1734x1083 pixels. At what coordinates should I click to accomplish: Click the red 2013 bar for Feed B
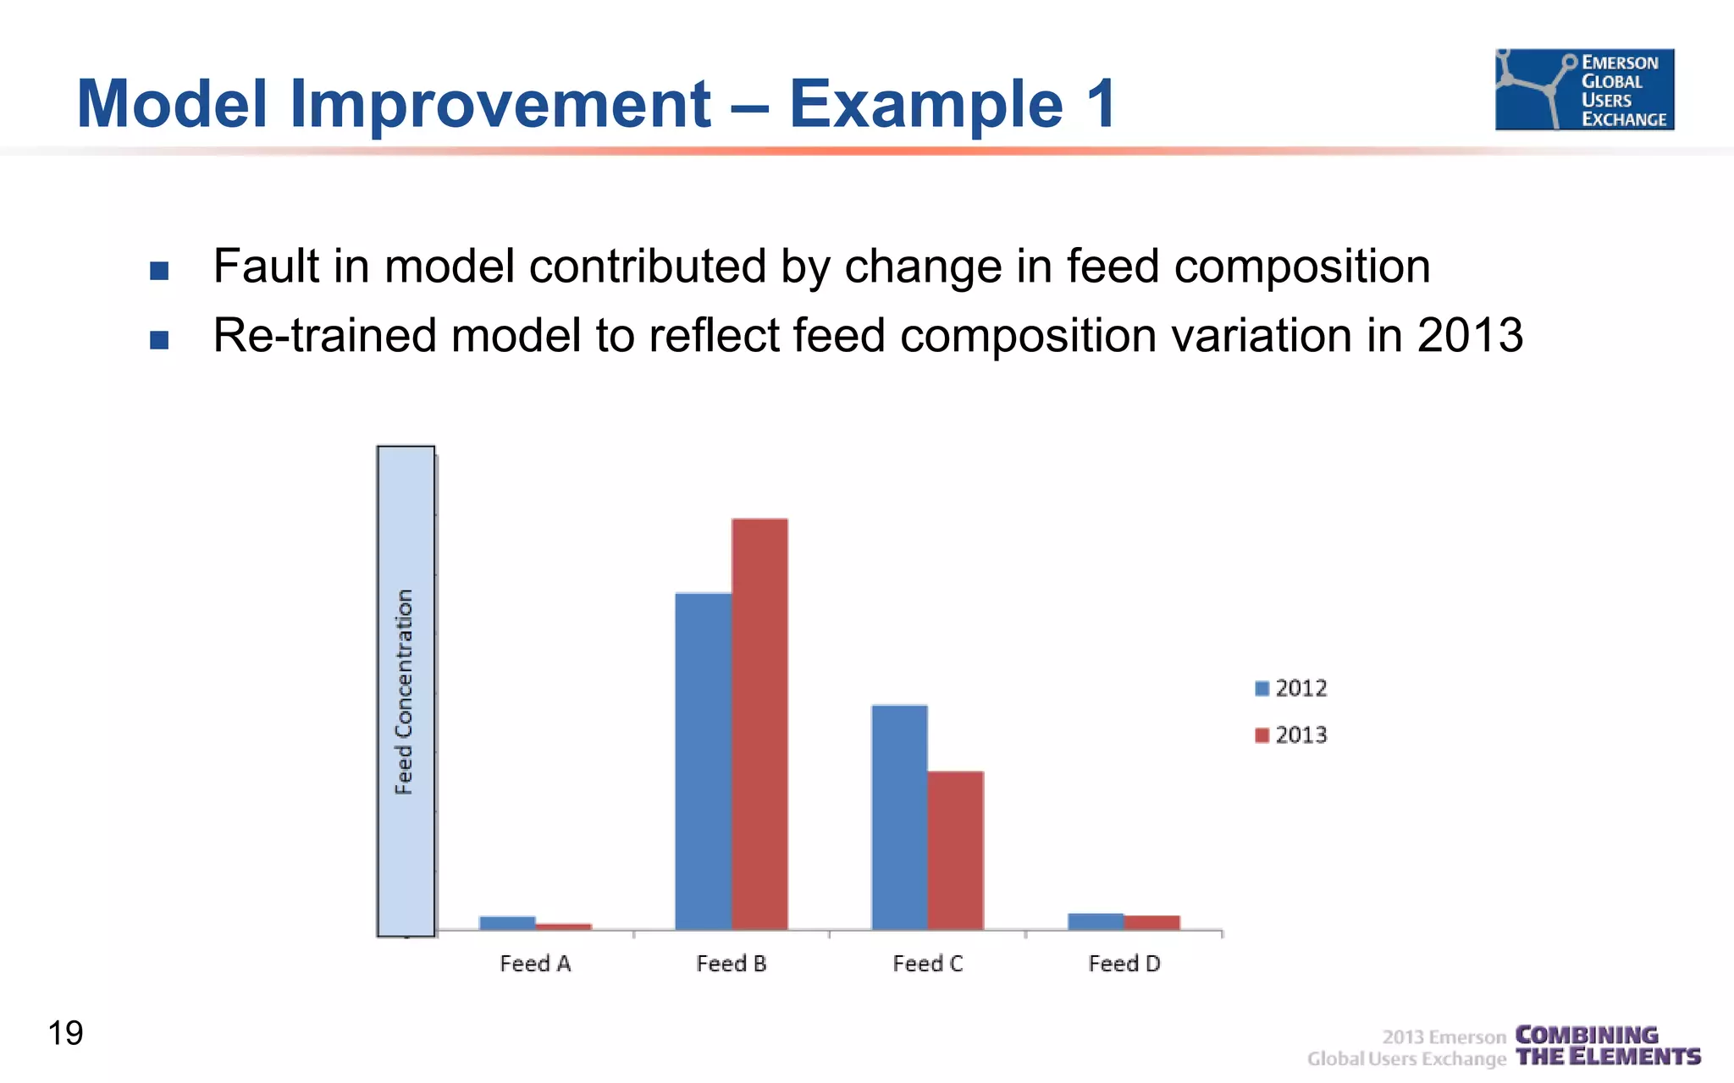click(x=759, y=724)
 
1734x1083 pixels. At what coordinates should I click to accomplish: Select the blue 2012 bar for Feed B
click(x=703, y=761)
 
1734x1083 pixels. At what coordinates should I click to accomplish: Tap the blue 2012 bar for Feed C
click(x=899, y=817)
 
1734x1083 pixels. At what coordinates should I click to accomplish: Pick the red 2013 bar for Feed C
click(x=955, y=850)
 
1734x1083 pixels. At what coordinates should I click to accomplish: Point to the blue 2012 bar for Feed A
click(x=507, y=923)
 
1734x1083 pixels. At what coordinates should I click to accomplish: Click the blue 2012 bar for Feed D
click(x=1096, y=921)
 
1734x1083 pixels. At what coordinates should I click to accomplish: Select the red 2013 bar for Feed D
click(x=1151, y=923)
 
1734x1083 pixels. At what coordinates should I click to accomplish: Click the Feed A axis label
click(x=535, y=964)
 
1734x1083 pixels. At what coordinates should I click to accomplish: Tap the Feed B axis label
click(x=732, y=964)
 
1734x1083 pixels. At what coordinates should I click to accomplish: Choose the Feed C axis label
click(x=928, y=964)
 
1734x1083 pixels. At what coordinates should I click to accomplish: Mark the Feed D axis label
click(x=1124, y=964)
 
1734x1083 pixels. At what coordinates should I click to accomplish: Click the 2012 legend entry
click(x=1292, y=689)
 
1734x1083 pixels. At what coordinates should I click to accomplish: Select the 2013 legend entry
click(x=1292, y=735)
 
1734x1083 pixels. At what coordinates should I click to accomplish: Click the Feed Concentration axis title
click(x=405, y=692)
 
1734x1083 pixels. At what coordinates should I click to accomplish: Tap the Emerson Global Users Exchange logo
click(x=1584, y=90)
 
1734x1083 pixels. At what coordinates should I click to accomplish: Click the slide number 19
click(x=65, y=1033)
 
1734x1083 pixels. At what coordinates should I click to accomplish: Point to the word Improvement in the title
click(x=500, y=104)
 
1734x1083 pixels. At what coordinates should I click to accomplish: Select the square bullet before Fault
click(x=159, y=271)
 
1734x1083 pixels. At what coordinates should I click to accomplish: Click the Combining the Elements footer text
click(x=1607, y=1047)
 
